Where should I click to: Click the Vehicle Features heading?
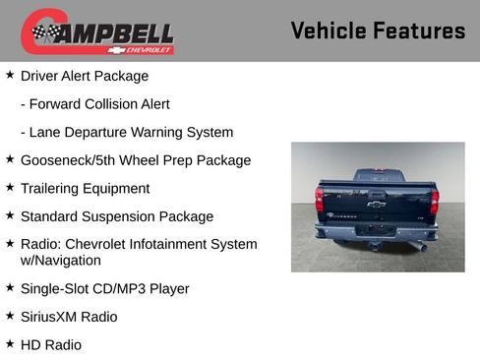[x=378, y=30]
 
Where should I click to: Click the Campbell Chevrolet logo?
[x=97, y=32]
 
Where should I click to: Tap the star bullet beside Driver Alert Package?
[x=10, y=75]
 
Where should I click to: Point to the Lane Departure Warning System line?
[x=127, y=132]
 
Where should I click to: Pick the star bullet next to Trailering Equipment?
[x=10, y=187]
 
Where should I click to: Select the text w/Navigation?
[x=61, y=261]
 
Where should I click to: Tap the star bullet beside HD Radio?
[x=10, y=343]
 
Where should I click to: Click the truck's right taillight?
[x=434, y=201]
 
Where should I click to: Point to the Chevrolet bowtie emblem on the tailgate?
[x=376, y=205]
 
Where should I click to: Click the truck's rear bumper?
[x=377, y=231]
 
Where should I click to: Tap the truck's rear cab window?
[x=377, y=177]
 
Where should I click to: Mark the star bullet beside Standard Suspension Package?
[x=10, y=215]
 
